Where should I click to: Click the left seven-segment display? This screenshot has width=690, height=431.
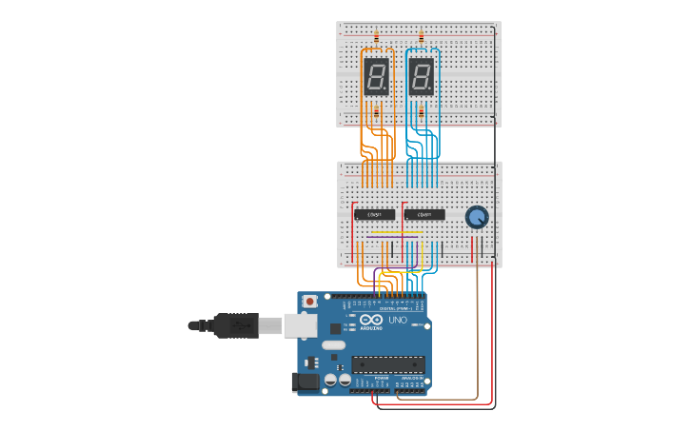point(376,76)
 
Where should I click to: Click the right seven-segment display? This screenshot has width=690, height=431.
point(422,76)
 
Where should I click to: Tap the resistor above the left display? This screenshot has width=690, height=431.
point(376,37)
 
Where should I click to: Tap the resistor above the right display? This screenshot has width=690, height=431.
point(422,37)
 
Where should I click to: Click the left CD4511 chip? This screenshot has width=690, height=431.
point(375,214)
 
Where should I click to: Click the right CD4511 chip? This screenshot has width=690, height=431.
point(424,214)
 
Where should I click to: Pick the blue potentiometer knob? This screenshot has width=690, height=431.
point(477,218)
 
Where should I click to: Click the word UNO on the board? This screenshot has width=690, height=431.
point(397,321)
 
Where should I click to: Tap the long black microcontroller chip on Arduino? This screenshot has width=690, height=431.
point(388,363)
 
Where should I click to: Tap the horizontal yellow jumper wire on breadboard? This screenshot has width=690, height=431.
point(396,231)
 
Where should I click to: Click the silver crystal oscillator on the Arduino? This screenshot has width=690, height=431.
point(334,344)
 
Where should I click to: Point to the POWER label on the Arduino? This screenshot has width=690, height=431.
point(381,378)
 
